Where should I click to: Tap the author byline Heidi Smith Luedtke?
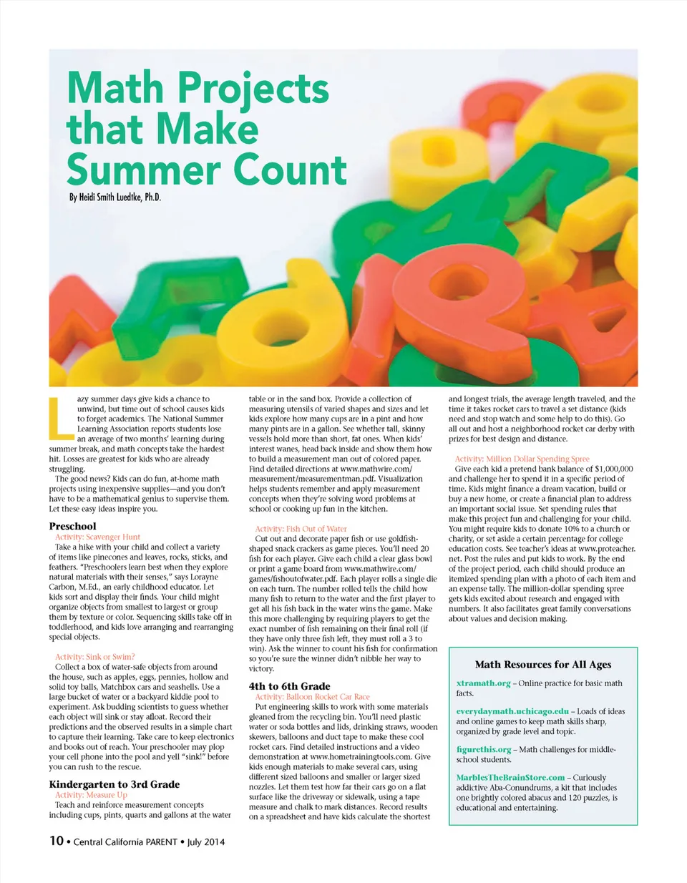114,197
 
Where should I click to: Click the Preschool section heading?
72,526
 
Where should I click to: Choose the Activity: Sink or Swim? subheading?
94,656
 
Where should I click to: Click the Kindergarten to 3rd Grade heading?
114,784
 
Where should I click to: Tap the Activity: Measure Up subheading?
91,794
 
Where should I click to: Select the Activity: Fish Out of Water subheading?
301,529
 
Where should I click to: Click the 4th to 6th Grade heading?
289,686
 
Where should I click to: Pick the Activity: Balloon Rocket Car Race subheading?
312,696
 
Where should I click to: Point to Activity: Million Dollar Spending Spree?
522,459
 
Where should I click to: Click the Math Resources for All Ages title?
543,665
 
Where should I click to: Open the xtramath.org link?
483,683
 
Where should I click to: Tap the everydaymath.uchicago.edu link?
512,711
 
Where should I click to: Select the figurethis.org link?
484,749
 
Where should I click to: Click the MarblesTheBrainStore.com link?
510,777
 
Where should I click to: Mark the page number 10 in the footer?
57,841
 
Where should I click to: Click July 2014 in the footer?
206,842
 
